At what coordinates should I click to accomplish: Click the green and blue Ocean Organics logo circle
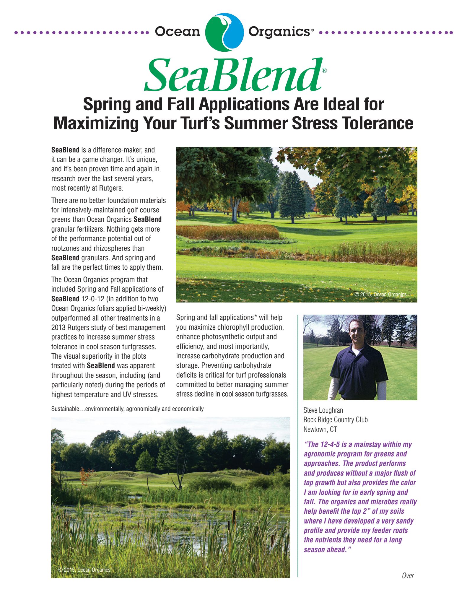(224, 32)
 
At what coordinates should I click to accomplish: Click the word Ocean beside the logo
(178, 32)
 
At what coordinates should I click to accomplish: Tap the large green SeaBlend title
(233, 75)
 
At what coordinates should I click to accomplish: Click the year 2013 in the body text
(58, 328)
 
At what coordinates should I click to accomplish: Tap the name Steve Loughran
(323, 410)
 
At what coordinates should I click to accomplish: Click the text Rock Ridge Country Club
(335, 420)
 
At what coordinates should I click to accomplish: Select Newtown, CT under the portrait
(320, 430)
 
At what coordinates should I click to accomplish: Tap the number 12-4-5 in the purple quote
(330, 445)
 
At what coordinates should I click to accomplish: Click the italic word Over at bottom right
(408, 575)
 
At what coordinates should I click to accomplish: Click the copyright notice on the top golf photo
(380, 295)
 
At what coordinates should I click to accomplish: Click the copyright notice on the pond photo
(84, 570)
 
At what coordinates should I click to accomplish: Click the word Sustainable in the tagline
(65, 409)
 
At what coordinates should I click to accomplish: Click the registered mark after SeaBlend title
(324, 70)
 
